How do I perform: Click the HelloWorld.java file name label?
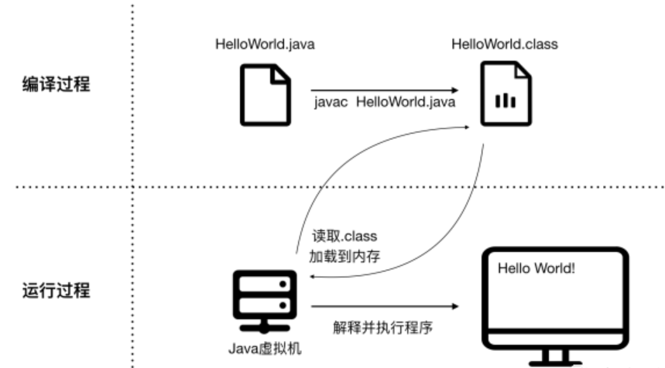point(265,44)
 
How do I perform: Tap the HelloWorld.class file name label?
point(505,44)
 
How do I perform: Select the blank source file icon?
point(266,95)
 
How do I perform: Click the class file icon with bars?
point(506,94)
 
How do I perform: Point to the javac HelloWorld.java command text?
point(385,102)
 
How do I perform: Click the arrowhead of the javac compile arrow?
point(455,90)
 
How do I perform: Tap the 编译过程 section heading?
point(56,83)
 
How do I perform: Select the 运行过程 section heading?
point(56,291)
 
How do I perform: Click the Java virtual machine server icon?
point(265,302)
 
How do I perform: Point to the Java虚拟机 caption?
point(265,349)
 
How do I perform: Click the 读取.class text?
point(344,236)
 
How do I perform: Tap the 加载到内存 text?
point(344,256)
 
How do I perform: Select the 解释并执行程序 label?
point(382,327)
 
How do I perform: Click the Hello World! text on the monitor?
point(536,268)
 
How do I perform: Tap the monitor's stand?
point(555,357)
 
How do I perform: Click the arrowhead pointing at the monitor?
point(455,306)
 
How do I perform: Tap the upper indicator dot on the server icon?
point(283,285)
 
